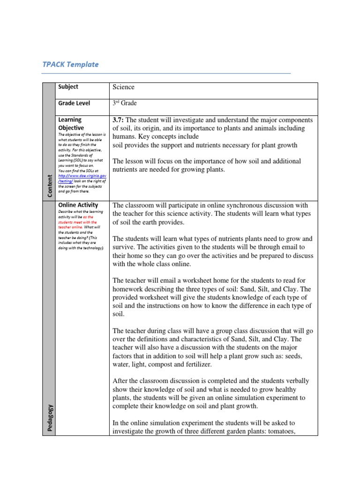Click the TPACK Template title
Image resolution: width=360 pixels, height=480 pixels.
(71, 64)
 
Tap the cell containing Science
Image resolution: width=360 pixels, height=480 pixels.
(123, 87)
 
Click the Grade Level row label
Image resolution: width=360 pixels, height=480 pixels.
(74, 103)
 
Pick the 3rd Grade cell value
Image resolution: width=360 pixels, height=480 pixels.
(124, 103)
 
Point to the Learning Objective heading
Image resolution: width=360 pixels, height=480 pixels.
(71, 124)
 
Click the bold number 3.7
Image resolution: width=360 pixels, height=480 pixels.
(118, 120)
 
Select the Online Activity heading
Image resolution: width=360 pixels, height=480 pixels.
(78, 205)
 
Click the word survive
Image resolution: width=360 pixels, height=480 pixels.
(124, 247)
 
